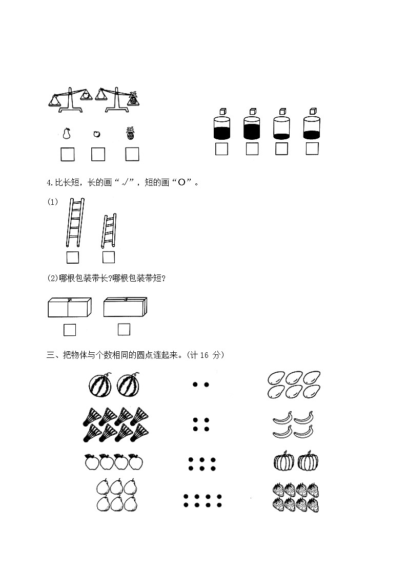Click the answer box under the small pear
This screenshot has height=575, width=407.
point(67,154)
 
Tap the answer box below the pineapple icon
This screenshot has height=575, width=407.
point(132,154)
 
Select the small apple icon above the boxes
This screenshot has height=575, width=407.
point(97,134)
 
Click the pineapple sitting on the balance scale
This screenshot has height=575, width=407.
point(133,98)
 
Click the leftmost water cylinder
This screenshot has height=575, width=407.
point(221,129)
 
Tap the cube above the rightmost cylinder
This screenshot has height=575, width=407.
point(313,112)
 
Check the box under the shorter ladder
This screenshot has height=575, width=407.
point(109,257)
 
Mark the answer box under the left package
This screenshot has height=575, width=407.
point(70,330)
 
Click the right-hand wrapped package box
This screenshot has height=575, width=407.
point(125,307)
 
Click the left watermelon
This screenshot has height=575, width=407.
point(99,385)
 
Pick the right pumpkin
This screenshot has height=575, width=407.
point(309,461)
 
